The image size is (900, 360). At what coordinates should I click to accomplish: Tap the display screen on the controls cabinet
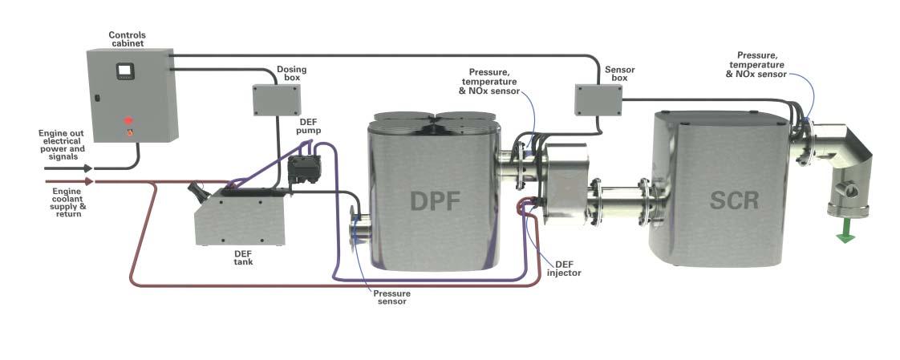(x=124, y=71)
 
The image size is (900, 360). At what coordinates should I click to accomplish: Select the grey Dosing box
(x=277, y=99)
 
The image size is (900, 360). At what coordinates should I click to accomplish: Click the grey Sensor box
(x=598, y=99)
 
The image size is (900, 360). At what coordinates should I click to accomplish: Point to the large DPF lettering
(x=436, y=200)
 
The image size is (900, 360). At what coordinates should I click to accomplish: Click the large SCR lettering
(x=734, y=200)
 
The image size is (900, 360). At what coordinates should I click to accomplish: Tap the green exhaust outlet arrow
(x=845, y=237)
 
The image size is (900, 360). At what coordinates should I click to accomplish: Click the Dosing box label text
(x=291, y=73)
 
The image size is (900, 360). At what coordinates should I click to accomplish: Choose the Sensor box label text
(x=619, y=74)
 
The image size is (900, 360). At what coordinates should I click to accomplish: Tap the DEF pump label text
(x=310, y=125)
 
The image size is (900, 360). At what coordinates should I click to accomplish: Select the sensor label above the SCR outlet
(x=756, y=63)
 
